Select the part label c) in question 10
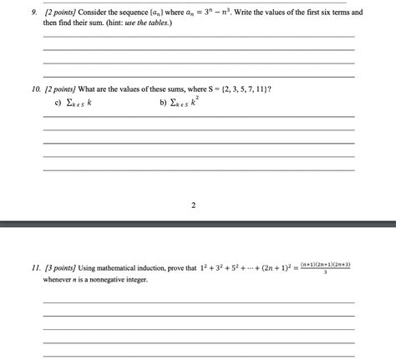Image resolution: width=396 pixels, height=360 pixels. tap(57, 104)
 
